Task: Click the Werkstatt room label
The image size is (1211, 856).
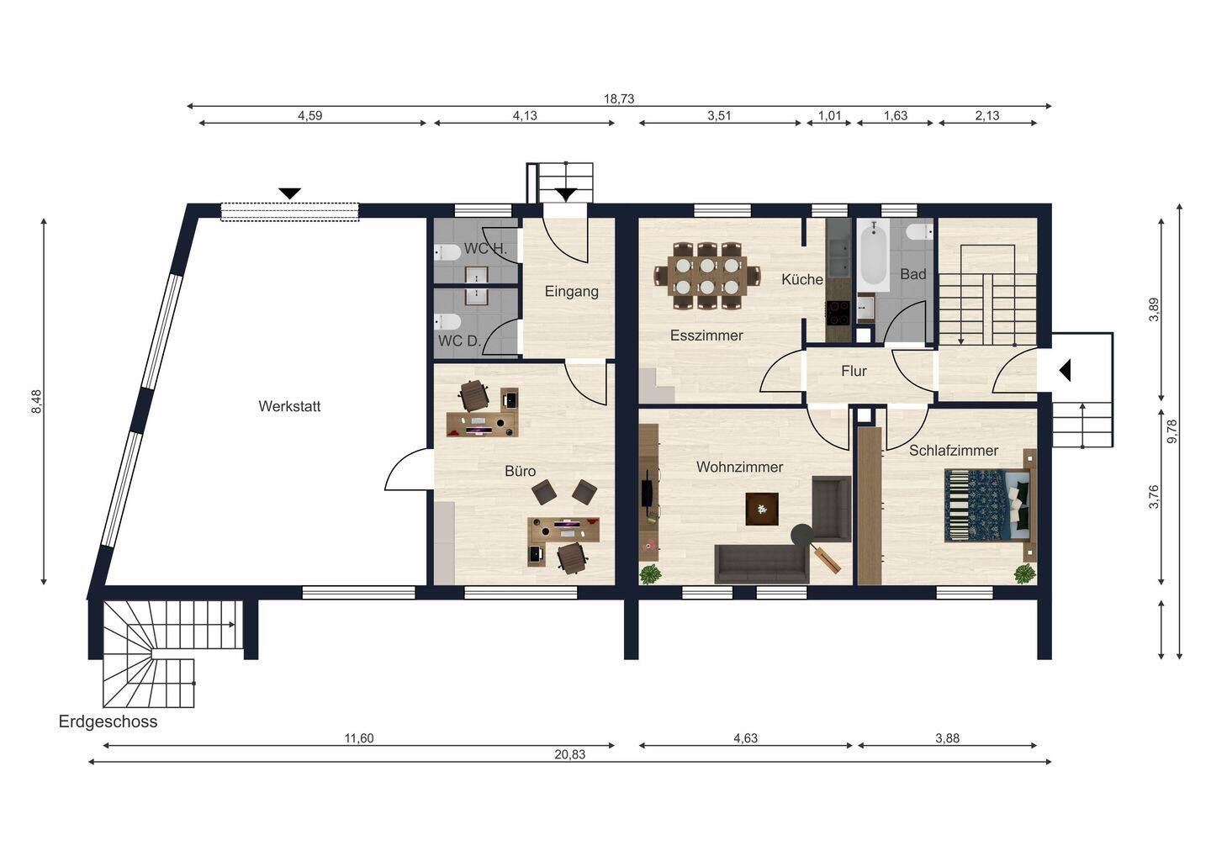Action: [x=289, y=406]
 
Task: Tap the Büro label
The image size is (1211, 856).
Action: [x=520, y=471]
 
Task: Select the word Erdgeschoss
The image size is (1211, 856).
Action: [x=108, y=722]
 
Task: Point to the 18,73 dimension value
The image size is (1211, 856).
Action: [x=619, y=99]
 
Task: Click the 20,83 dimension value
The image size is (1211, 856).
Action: [x=570, y=754]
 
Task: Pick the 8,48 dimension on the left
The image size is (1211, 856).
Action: [x=37, y=402]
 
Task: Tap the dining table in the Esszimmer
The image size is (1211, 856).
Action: [x=708, y=276]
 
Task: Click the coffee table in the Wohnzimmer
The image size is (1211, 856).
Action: [x=762, y=509]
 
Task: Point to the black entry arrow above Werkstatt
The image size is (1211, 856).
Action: [x=290, y=193]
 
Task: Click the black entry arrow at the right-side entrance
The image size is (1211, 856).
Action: [x=1065, y=371]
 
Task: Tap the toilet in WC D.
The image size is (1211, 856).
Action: [x=448, y=322]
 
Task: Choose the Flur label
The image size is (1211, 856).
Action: [x=854, y=372]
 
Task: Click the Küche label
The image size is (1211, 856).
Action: [x=802, y=280]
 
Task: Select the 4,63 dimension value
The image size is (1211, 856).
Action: [x=745, y=738]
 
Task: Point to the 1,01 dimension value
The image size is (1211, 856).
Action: [x=829, y=116]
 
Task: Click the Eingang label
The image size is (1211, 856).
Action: [x=572, y=292]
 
